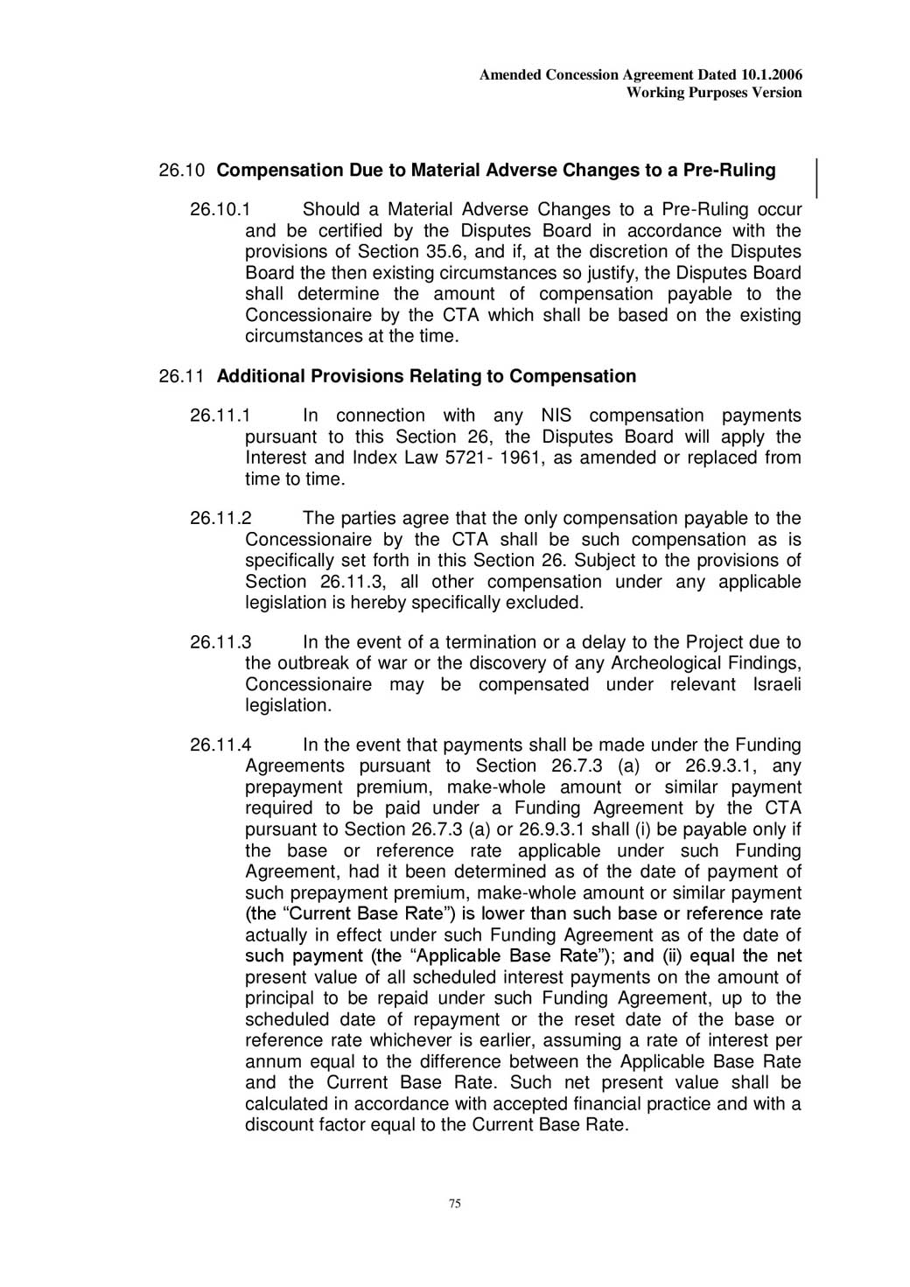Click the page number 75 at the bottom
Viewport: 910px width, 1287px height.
coord(455,1204)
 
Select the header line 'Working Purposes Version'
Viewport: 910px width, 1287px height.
coord(714,93)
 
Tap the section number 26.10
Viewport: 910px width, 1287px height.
coord(181,171)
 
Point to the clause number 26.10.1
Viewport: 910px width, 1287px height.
coord(220,210)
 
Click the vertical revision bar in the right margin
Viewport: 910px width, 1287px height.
coord(817,178)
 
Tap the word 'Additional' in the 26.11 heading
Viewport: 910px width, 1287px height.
coord(260,377)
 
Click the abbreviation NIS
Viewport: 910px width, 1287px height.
coord(556,416)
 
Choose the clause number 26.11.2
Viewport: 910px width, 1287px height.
coord(220,519)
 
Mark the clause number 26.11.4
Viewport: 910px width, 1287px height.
coord(220,745)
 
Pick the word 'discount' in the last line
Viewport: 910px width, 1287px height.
coord(278,1125)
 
